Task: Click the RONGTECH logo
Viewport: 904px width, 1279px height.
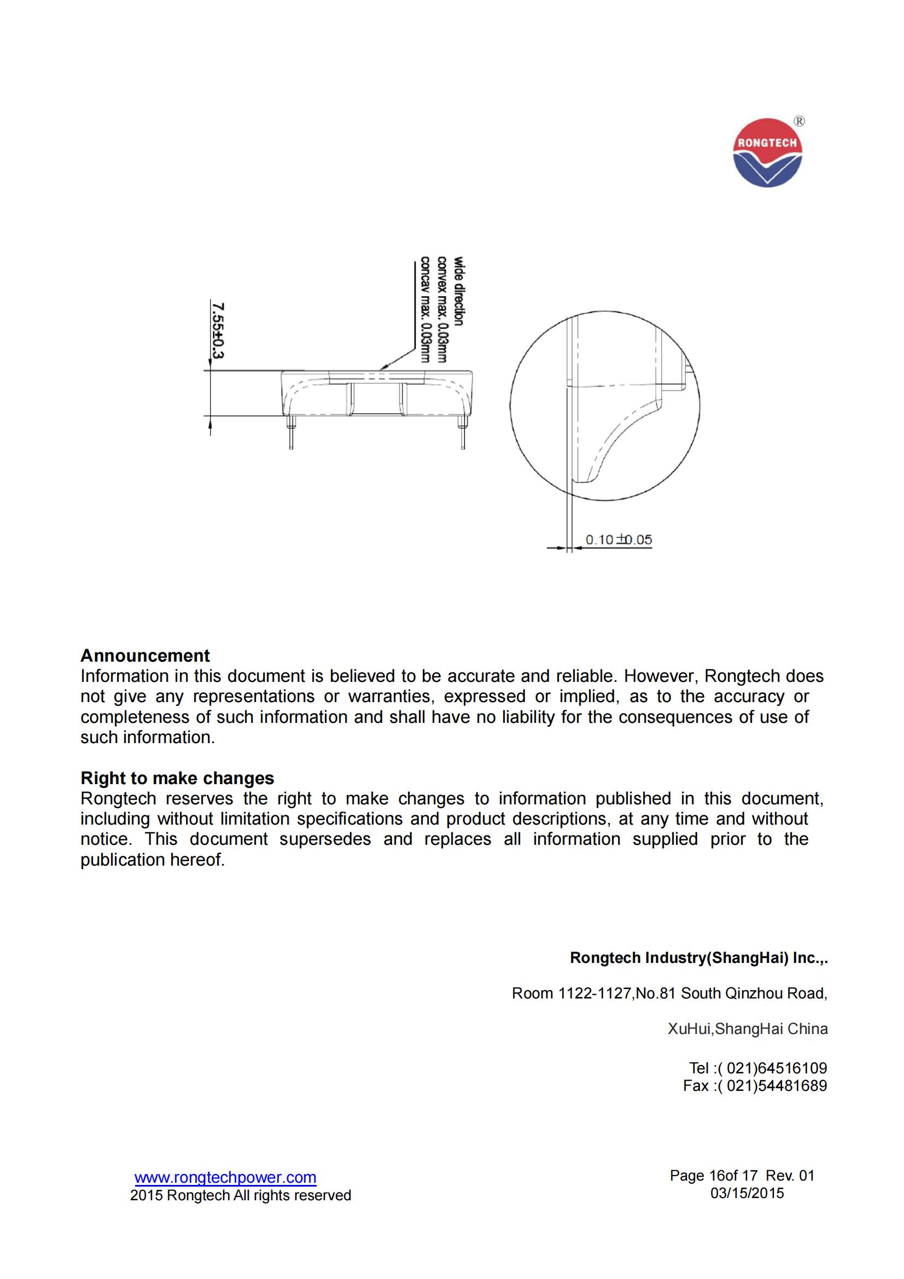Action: pyautogui.click(x=767, y=153)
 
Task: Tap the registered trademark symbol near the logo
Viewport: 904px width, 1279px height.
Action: pyautogui.click(x=799, y=121)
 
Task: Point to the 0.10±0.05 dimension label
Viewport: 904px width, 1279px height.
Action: pyautogui.click(x=619, y=539)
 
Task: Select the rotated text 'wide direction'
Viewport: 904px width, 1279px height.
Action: pyautogui.click(x=458, y=291)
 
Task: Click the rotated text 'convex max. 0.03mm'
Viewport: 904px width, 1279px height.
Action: pyautogui.click(x=442, y=309)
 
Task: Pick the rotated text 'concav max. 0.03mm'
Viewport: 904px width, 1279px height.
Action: pyautogui.click(x=425, y=309)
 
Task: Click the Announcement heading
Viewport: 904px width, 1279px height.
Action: pyautogui.click(x=145, y=655)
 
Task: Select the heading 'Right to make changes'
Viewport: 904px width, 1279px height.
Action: pyautogui.click(x=177, y=778)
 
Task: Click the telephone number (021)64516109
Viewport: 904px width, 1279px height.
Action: pyautogui.click(x=772, y=1068)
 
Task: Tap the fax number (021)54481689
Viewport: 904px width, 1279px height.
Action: pyautogui.click(x=772, y=1086)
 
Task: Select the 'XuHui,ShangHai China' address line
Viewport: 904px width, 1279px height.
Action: pyautogui.click(x=748, y=1029)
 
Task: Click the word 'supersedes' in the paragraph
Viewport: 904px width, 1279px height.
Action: pyautogui.click(x=325, y=839)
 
